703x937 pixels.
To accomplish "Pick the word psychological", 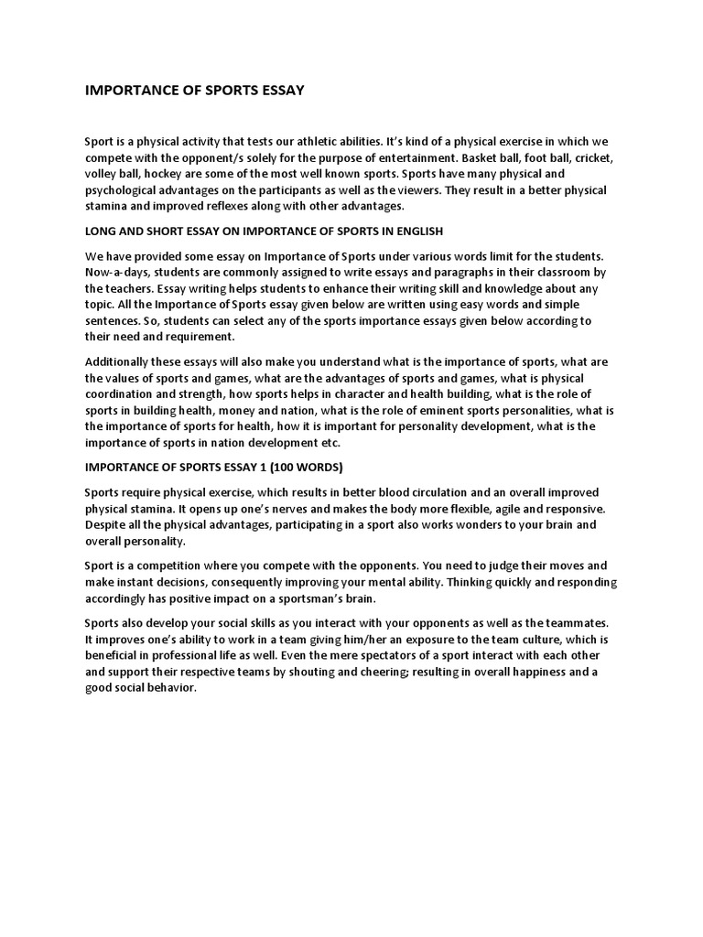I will pyautogui.click(x=126, y=191).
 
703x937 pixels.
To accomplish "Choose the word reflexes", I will pyautogui.click(x=240, y=206).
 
